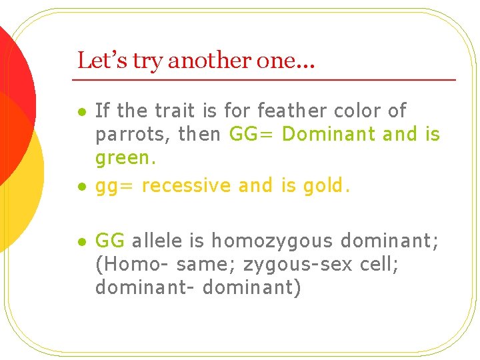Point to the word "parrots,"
133,135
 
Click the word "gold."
326,185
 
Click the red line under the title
267,79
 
